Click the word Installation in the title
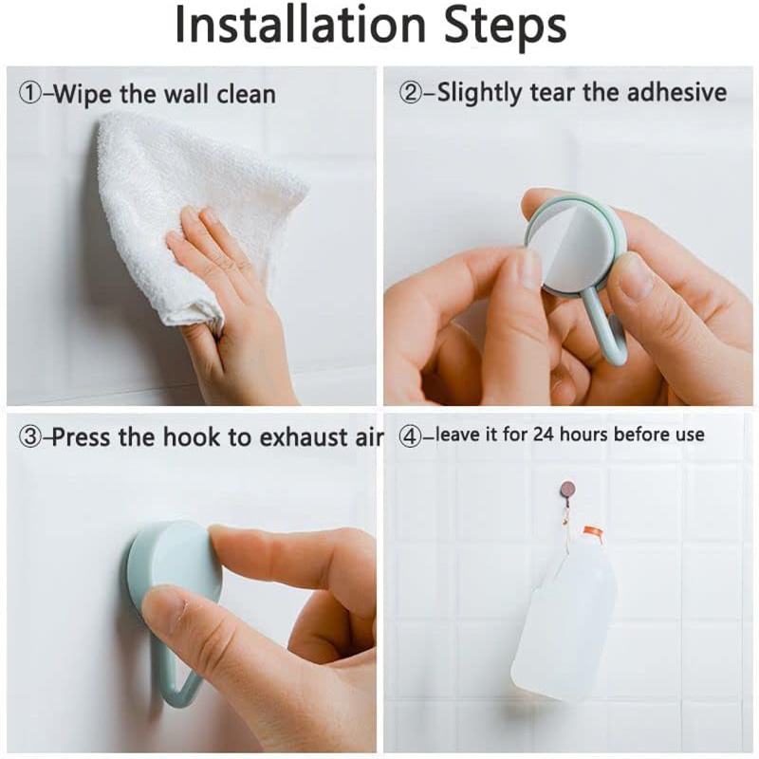pos(300,26)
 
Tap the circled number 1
pos(30,93)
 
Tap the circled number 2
pos(411,92)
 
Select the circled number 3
pos(30,437)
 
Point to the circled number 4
pos(410,435)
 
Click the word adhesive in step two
pos(676,92)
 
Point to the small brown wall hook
pos(565,490)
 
